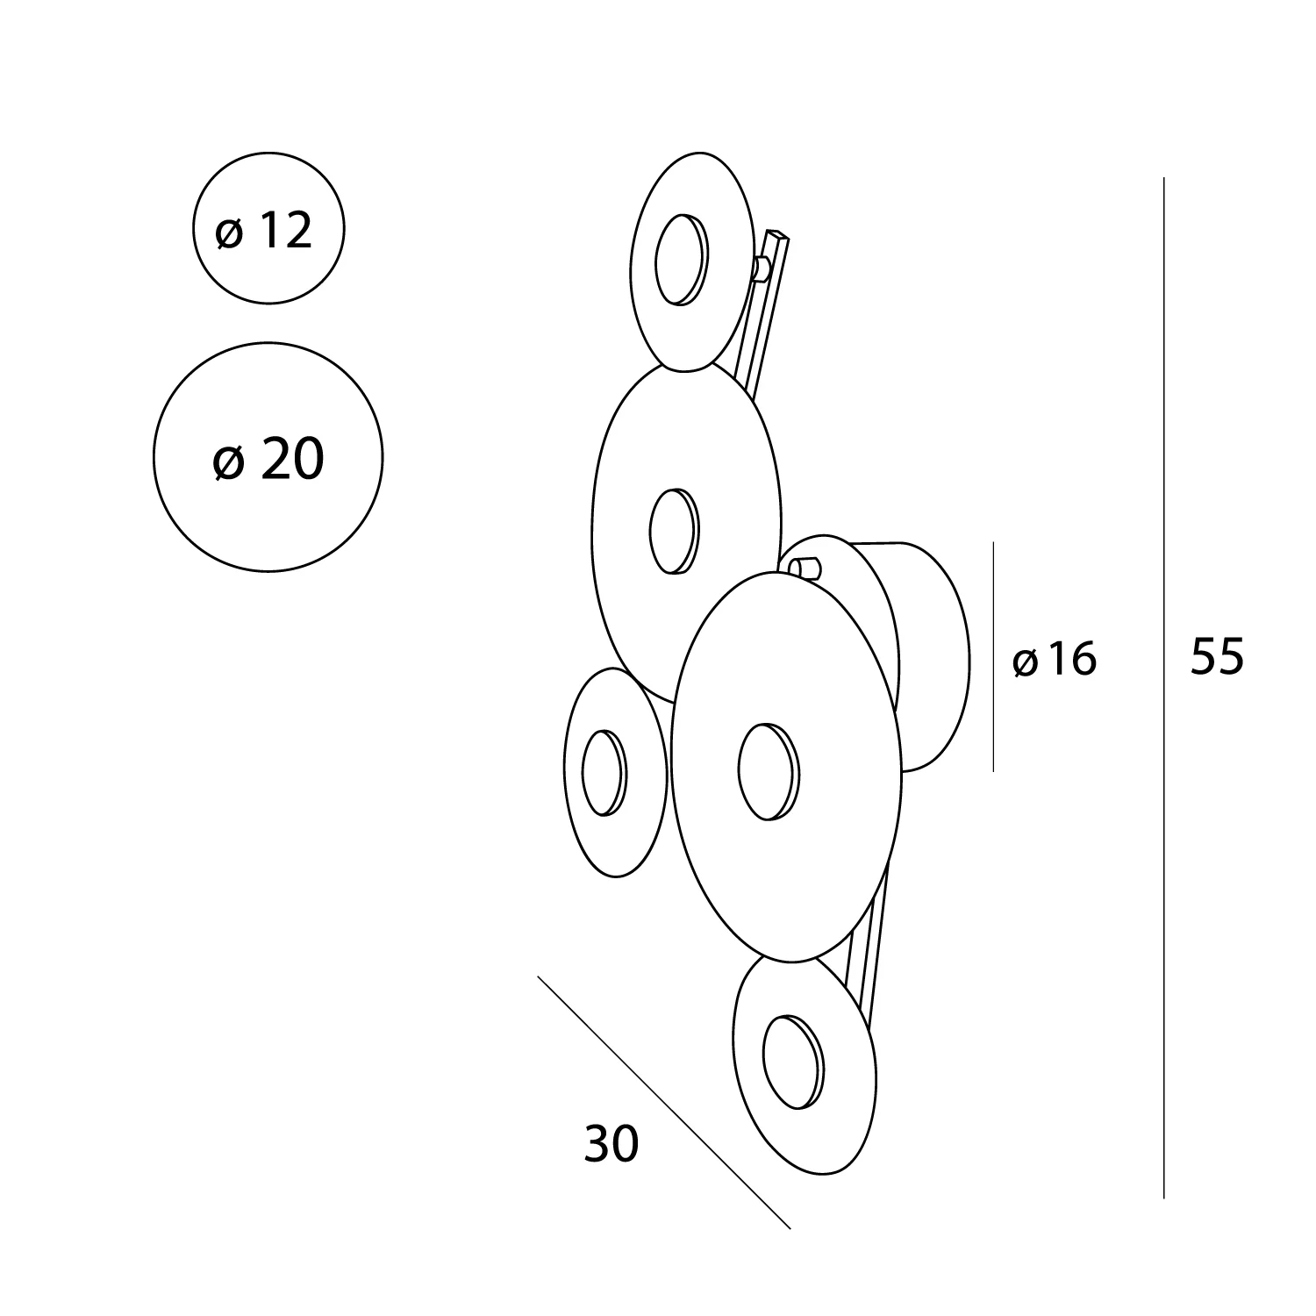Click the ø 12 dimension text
click(264, 231)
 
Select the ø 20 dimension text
click(268, 459)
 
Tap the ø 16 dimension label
click(1055, 659)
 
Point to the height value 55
click(1217, 655)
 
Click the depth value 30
click(612, 1143)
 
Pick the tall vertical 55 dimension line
click(1164, 688)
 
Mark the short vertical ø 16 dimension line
click(993, 656)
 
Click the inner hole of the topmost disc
click(680, 259)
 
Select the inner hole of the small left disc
click(604, 773)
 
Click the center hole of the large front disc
click(769, 771)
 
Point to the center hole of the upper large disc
click(675, 532)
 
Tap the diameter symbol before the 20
click(228, 461)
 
